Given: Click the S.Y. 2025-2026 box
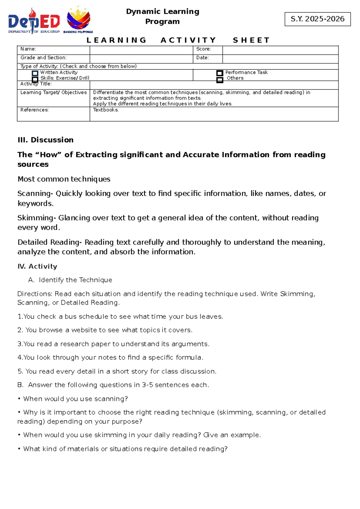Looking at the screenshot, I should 317,19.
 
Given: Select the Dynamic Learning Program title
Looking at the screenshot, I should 162,17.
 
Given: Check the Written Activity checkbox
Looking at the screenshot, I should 35,73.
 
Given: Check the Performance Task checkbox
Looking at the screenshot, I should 220,73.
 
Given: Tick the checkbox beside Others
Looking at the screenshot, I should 220,80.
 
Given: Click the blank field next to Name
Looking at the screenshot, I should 141,50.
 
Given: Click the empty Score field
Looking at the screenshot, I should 280,50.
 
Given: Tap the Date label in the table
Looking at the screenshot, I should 202,58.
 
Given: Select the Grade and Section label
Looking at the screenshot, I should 43,58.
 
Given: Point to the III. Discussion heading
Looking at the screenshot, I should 46,140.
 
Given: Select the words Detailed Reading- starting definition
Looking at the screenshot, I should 49,242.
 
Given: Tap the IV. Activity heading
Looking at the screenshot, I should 37,267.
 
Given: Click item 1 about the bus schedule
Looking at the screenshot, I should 120,317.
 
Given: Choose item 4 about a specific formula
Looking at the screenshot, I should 110,357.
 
